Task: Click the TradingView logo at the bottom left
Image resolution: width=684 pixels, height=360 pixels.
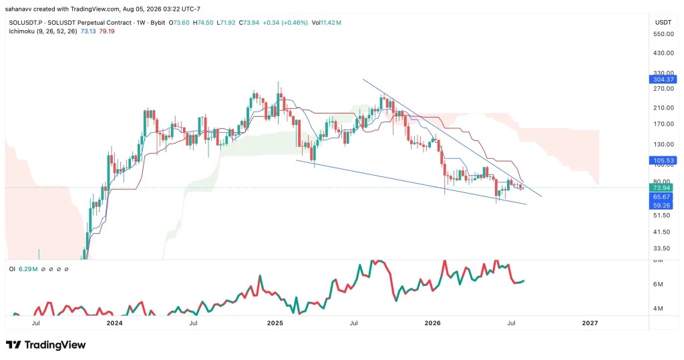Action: pos(46,345)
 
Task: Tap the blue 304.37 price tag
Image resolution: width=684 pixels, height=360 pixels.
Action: pos(663,79)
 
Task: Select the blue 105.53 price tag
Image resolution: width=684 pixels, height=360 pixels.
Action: pos(663,160)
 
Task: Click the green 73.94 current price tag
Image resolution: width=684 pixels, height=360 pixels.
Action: pos(661,188)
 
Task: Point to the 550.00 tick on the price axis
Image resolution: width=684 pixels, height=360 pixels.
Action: pos(663,34)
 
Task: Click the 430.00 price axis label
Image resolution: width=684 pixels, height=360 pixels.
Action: pos(663,53)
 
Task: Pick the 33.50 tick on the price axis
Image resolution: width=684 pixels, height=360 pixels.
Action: pos(661,248)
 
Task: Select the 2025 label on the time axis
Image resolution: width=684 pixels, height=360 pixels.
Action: pos(275,323)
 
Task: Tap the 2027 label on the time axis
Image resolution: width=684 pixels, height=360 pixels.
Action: pos(590,323)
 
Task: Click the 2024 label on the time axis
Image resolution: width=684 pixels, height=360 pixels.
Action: pos(115,323)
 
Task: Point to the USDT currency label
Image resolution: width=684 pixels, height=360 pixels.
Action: pos(663,22)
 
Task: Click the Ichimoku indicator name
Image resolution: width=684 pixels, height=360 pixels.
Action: pos(21,31)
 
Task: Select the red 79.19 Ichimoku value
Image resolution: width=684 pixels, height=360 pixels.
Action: pos(107,31)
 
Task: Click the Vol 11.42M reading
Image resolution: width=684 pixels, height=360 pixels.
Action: pos(326,23)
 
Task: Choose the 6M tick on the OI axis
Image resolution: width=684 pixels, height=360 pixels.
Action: pos(658,284)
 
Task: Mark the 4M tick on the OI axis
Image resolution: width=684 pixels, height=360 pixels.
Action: pos(658,309)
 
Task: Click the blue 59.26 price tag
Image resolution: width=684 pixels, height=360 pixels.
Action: pos(661,206)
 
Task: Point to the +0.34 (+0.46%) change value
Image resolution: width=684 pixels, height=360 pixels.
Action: pos(285,23)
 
